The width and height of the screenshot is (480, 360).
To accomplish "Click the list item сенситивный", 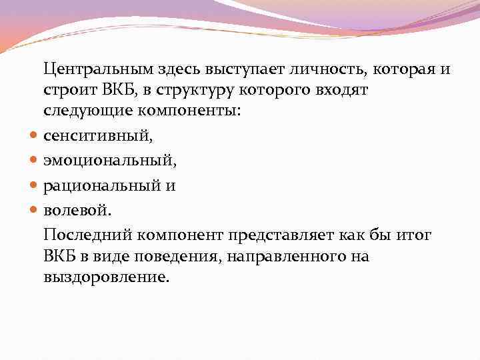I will [x=97, y=137].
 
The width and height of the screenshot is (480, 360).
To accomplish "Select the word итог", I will [x=414, y=235].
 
